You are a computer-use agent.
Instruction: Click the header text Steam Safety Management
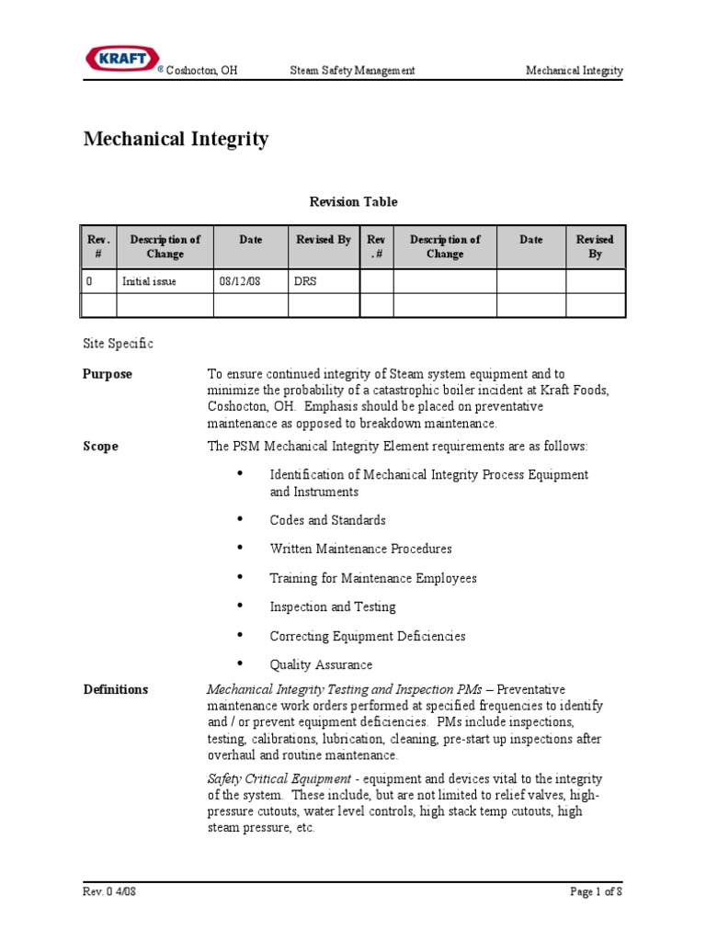point(352,71)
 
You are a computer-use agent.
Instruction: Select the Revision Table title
point(352,202)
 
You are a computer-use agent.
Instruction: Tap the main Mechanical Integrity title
point(176,140)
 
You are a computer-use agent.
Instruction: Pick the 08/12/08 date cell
point(239,282)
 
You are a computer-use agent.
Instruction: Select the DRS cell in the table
point(304,282)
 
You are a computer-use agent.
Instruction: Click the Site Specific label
point(119,344)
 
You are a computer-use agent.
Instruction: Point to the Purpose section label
point(108,374)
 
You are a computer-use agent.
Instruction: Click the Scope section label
point(101,447)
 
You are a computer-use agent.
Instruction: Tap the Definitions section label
point(116,689)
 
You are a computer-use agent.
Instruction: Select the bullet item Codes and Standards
point(327,520)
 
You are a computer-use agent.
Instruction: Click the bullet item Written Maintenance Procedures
point(360,550)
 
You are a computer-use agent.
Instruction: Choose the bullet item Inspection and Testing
point(333,607)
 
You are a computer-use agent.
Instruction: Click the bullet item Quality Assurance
point(321,665)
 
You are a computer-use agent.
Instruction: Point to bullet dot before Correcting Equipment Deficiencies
point(241,634)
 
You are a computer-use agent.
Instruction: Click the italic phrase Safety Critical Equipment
point(268,778)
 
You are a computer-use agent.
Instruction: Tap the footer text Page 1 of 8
point(595,891)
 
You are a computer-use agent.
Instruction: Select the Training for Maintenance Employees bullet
point(373,579)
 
